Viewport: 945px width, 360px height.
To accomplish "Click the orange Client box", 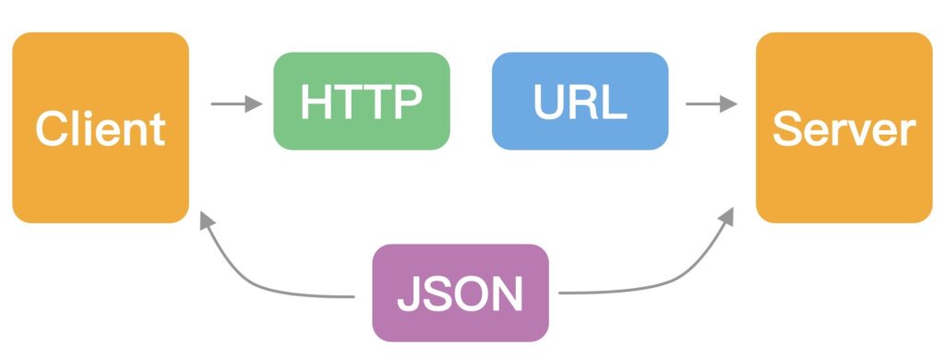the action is (x=101, y=127).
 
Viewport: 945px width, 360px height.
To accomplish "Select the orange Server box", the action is (x=843, y=127).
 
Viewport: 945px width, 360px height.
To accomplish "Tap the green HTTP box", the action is (x=362, y=101).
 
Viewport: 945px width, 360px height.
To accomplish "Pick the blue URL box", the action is (x=580, y=101).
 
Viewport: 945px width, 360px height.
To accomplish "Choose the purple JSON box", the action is (x=461, y=293).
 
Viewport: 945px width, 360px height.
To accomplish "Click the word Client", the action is (x=101, y=129).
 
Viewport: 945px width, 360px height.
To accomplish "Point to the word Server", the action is (x=843, y=129).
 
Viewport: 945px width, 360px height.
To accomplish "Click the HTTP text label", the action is (x=362, y=102).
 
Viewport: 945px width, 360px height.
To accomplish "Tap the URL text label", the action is (x=580, y=102).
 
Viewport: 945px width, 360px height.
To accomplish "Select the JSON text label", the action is (x=460, y=294).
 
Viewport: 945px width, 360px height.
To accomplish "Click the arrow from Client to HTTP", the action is (x=236, y=103).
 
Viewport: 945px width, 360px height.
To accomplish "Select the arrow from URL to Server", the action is (x=712, y=103).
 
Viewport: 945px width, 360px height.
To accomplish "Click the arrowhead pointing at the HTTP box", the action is (x=255, y=103).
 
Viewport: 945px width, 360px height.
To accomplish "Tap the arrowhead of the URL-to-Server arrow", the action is (x=729, y=103).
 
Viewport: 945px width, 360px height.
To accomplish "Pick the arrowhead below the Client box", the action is (x=206, y=220).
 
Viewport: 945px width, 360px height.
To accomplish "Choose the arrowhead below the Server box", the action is (x=726, y=216).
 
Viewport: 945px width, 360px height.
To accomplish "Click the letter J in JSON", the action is (x=408, y=294).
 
